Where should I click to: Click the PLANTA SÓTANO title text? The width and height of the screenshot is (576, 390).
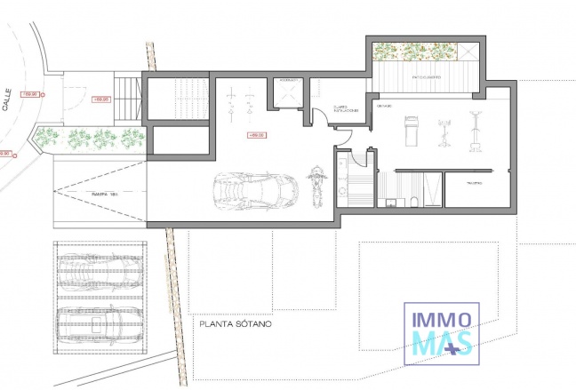[x=235, y=324]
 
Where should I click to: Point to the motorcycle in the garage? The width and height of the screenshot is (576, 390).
[x=314, y=184]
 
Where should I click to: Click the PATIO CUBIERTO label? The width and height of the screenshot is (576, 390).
[x=428, y=78]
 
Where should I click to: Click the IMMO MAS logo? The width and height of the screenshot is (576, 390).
[x=442, y=330]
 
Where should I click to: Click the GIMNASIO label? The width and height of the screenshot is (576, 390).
[x=384, y=107]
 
